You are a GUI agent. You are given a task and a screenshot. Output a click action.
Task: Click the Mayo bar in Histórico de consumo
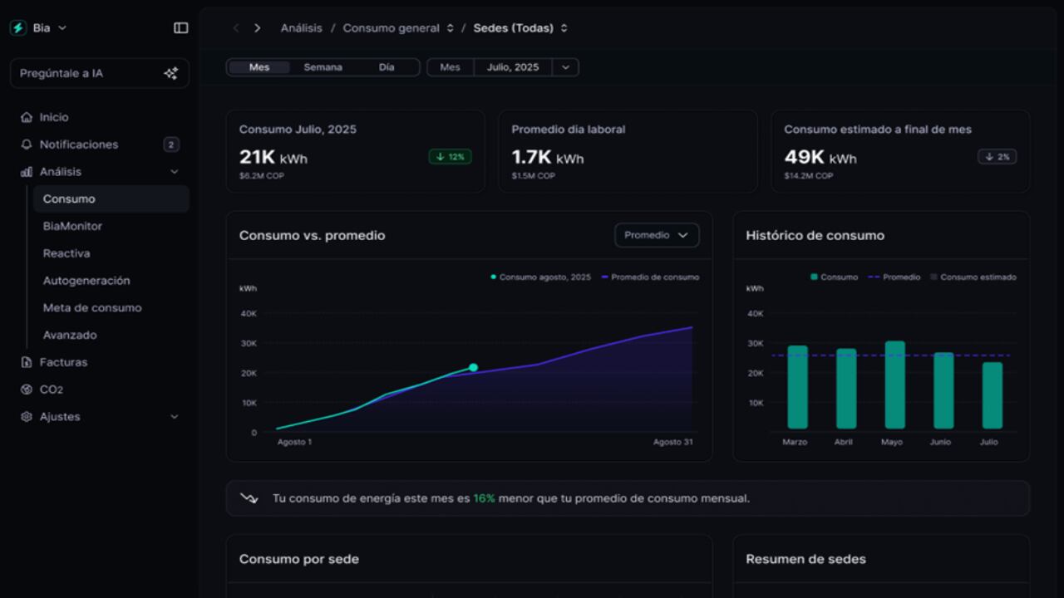point(894,385)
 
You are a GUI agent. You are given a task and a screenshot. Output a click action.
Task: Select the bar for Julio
point(992,395)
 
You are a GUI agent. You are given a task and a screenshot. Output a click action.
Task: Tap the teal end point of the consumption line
point(473,367)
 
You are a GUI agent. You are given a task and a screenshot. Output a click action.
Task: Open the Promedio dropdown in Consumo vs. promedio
point(657,235)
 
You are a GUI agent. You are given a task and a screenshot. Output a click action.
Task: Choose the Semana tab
point(323,67)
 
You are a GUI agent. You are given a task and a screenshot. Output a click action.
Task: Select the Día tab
point(387,67)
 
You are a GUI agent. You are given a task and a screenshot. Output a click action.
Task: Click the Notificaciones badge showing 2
point(171,145)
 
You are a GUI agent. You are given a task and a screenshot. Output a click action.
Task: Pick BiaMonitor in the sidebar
point(72,226)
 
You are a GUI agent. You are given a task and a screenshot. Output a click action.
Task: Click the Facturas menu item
point(63,362)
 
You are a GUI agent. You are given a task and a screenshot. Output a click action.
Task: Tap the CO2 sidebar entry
point(52,390)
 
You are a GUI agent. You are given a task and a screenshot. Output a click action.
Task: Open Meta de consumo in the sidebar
point(92,307)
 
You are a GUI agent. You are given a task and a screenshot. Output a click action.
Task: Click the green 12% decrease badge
point(451,156)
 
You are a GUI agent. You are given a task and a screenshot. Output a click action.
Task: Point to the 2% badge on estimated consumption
point(997,156)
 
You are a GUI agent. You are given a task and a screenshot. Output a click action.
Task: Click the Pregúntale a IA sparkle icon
point(171,73)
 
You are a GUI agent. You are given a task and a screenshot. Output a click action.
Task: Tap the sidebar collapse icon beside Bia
point(180,27)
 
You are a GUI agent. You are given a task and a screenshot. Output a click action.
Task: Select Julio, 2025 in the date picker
point(513,67)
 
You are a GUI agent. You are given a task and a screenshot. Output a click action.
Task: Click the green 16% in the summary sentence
point(484,498)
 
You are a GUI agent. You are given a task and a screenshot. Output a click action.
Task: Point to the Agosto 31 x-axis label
point(672,442)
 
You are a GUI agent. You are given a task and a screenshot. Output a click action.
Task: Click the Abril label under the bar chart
point(843,442)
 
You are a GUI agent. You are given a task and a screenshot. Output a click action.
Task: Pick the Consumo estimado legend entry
point(973,277)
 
